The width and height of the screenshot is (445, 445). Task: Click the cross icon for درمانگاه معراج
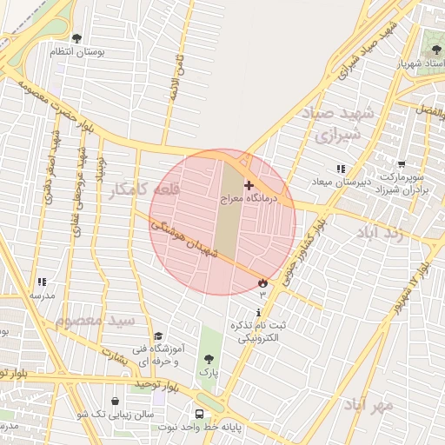point(249,185)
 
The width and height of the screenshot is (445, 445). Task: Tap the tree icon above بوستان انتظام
point(76,38)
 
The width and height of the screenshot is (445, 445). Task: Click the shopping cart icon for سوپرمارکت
point(402,163)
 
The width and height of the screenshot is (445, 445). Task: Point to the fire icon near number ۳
point(262,282)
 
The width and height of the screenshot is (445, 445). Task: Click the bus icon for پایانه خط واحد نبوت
point(200,415)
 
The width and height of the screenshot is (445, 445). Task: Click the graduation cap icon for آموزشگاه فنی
point(157,336)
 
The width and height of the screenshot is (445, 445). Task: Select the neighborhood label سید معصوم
point(96,320)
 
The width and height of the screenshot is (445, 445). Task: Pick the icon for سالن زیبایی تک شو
point(115,401)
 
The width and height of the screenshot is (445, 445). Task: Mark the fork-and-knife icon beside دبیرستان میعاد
point(340,168)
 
